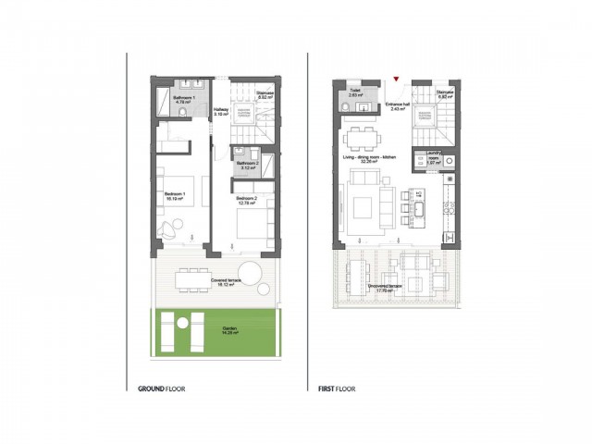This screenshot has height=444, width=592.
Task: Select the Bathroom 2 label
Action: (246, 166)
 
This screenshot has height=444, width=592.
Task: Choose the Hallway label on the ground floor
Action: (220, 111)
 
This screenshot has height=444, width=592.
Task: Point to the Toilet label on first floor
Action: (355, 92)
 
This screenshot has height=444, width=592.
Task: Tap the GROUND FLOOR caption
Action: (161, 389)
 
